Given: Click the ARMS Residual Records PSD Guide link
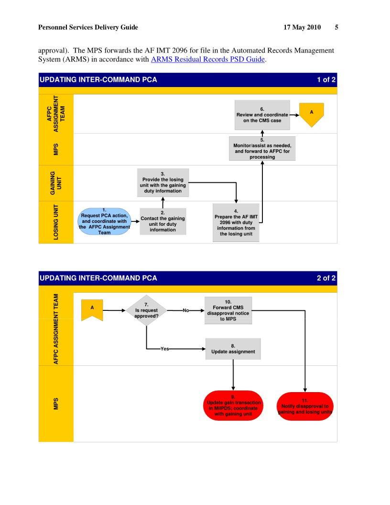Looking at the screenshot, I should [207, 60].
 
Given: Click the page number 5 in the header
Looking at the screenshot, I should [336, 27].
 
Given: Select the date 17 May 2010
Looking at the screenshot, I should [302, 27].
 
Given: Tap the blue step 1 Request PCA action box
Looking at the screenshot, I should [104, 221].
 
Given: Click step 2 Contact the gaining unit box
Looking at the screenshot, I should [162, 221].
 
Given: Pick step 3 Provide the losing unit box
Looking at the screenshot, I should [162, 182].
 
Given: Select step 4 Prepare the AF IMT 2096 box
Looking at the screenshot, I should [236, 222].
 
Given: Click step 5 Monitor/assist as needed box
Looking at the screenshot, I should [262, 148].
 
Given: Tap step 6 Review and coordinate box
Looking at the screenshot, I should [262, 115].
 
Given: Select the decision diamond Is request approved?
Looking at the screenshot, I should [146, 310].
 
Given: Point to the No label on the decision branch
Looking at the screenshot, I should [186, 310].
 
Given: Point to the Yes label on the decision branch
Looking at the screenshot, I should [165, 349].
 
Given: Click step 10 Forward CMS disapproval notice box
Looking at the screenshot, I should [228, 310].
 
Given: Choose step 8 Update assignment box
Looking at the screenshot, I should [233, 349].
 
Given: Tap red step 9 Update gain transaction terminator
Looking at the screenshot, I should [233, 406].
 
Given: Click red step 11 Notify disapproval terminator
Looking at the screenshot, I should [304, 406].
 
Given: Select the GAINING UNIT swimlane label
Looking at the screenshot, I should [56, 183].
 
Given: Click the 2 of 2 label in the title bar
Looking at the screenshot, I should [326, 278].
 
